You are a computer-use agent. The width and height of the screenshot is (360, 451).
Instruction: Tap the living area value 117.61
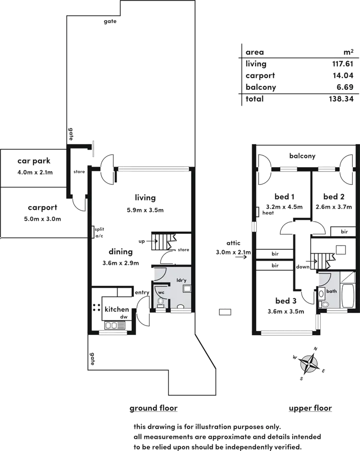pyautogui.click(x=343, y=64)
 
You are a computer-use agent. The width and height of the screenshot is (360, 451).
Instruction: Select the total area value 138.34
pyautogui.click(x=342, y=99)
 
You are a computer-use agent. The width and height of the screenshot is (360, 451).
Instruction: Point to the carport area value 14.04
pyautogui.click(x=344, y=76)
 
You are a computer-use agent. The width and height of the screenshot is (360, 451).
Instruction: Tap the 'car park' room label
pyautogui.click(x=34, y=161)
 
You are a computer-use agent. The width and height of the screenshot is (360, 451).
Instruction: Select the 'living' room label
pyautogui.click(x=145, y=198)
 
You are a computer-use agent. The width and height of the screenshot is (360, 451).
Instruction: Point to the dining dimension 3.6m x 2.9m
pyautogui.click(x=120, y=263)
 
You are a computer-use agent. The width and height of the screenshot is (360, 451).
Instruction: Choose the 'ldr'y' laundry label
pyautogui.click(x=181, y=280)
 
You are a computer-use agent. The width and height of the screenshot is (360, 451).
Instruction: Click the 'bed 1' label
pyautogui.click(x=284, y=197)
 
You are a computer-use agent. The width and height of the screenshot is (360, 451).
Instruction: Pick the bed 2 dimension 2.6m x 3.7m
pyautogui.click(x=334, y=207)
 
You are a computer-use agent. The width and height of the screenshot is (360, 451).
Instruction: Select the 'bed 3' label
pyautogui.click(x=287, y=301)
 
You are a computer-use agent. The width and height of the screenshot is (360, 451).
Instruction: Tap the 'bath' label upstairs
pyautogui.click(x=332, y=291)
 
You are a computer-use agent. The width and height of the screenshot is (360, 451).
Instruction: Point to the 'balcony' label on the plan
pyautogui.click(x=302, y=156)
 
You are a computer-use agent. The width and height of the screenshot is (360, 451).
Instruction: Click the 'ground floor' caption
pyautogui.click(x=154, y=409)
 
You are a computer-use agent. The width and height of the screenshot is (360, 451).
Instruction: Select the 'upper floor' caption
pyautogui.click(x=311, y=409)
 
